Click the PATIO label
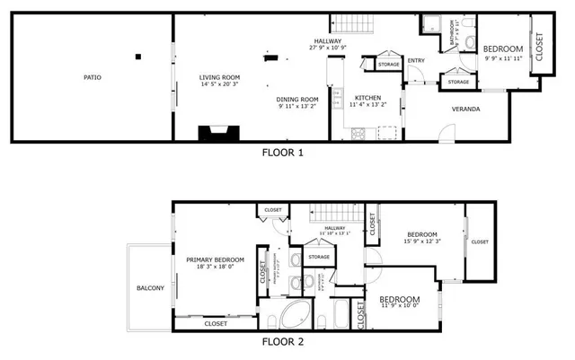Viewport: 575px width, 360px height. (x=92, y=78)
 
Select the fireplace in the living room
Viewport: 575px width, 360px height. (x=218, y=134)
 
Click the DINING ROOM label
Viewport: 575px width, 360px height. (x=297, y=99)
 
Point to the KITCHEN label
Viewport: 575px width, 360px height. (x=367, y=98)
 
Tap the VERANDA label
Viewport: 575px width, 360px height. (x=465, y=110)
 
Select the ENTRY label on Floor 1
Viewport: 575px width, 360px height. (x=415, y=61)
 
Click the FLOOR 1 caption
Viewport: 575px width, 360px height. (x=282, y=153)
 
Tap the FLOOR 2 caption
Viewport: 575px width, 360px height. (x=282, y=342)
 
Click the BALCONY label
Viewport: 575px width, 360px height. (x=150, y=288)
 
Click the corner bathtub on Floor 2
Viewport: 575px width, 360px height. (x=295, y=317)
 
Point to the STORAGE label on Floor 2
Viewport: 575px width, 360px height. (x=319, y=258)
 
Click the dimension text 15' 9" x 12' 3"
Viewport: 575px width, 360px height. (x=420, y=241)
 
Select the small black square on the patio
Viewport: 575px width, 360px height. (x=137, y=57)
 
